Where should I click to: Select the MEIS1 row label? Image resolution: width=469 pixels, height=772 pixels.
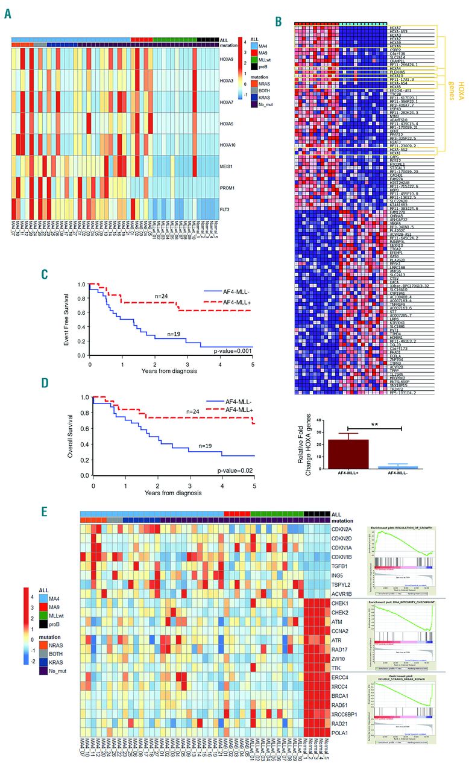[228, 163]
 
